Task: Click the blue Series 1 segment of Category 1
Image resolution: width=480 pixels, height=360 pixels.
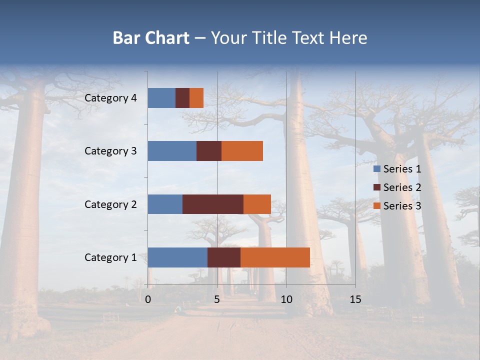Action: click(x=177, y=257)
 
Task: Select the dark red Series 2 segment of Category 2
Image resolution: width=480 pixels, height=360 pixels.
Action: click(x=213, y=204)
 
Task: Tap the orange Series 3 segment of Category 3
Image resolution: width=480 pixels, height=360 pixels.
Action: click(x=242, y=151)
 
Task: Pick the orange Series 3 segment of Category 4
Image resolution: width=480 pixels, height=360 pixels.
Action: click(x=196, y=98)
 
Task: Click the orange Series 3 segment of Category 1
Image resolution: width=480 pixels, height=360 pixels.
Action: click(x=275, y=257)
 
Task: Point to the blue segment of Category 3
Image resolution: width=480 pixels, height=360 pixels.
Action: click(x=172, y=151)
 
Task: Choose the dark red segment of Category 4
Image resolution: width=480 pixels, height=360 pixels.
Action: click(x=182, y=98)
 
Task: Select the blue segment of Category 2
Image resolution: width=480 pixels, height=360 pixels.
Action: click(x=165, y=204)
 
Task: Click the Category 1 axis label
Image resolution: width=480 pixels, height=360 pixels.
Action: click(x=110, y=257)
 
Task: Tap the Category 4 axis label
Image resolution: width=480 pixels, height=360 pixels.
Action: click(x=110, y=98)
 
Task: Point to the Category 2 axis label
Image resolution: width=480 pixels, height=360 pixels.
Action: click(x=110, y=204)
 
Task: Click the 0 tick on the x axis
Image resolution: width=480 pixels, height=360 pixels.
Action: click(x=148, y=299)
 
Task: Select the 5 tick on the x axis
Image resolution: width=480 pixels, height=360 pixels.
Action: click(x=217, y=299)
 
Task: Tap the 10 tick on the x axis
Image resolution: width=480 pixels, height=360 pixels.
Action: click(x=286, y=299)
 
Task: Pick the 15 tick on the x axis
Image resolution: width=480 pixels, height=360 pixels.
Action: click(x=355, y=299)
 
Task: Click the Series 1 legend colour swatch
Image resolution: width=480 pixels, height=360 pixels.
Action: click(x=376, y=169)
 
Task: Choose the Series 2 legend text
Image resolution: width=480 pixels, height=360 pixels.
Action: click(x=402, y=187)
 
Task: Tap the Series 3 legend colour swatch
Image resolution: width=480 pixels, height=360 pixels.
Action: click(x=376, y=206)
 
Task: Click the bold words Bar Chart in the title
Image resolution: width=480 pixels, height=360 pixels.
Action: click(x=151, y=38)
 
